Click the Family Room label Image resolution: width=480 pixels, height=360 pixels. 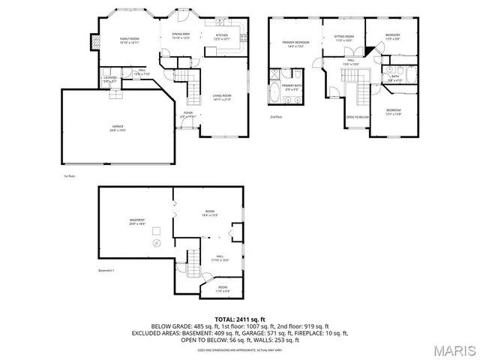130,40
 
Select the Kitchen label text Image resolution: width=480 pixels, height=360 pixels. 222,36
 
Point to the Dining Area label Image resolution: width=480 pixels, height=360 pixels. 181,35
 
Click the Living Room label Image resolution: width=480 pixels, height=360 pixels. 220,97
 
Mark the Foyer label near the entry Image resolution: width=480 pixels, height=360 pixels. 187,114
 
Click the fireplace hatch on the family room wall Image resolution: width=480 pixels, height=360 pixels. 94,42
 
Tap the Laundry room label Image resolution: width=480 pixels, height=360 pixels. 109,78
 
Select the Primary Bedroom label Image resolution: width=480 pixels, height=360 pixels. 291,43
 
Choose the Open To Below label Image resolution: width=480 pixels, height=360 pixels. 356,118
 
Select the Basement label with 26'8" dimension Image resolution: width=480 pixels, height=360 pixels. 136,221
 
